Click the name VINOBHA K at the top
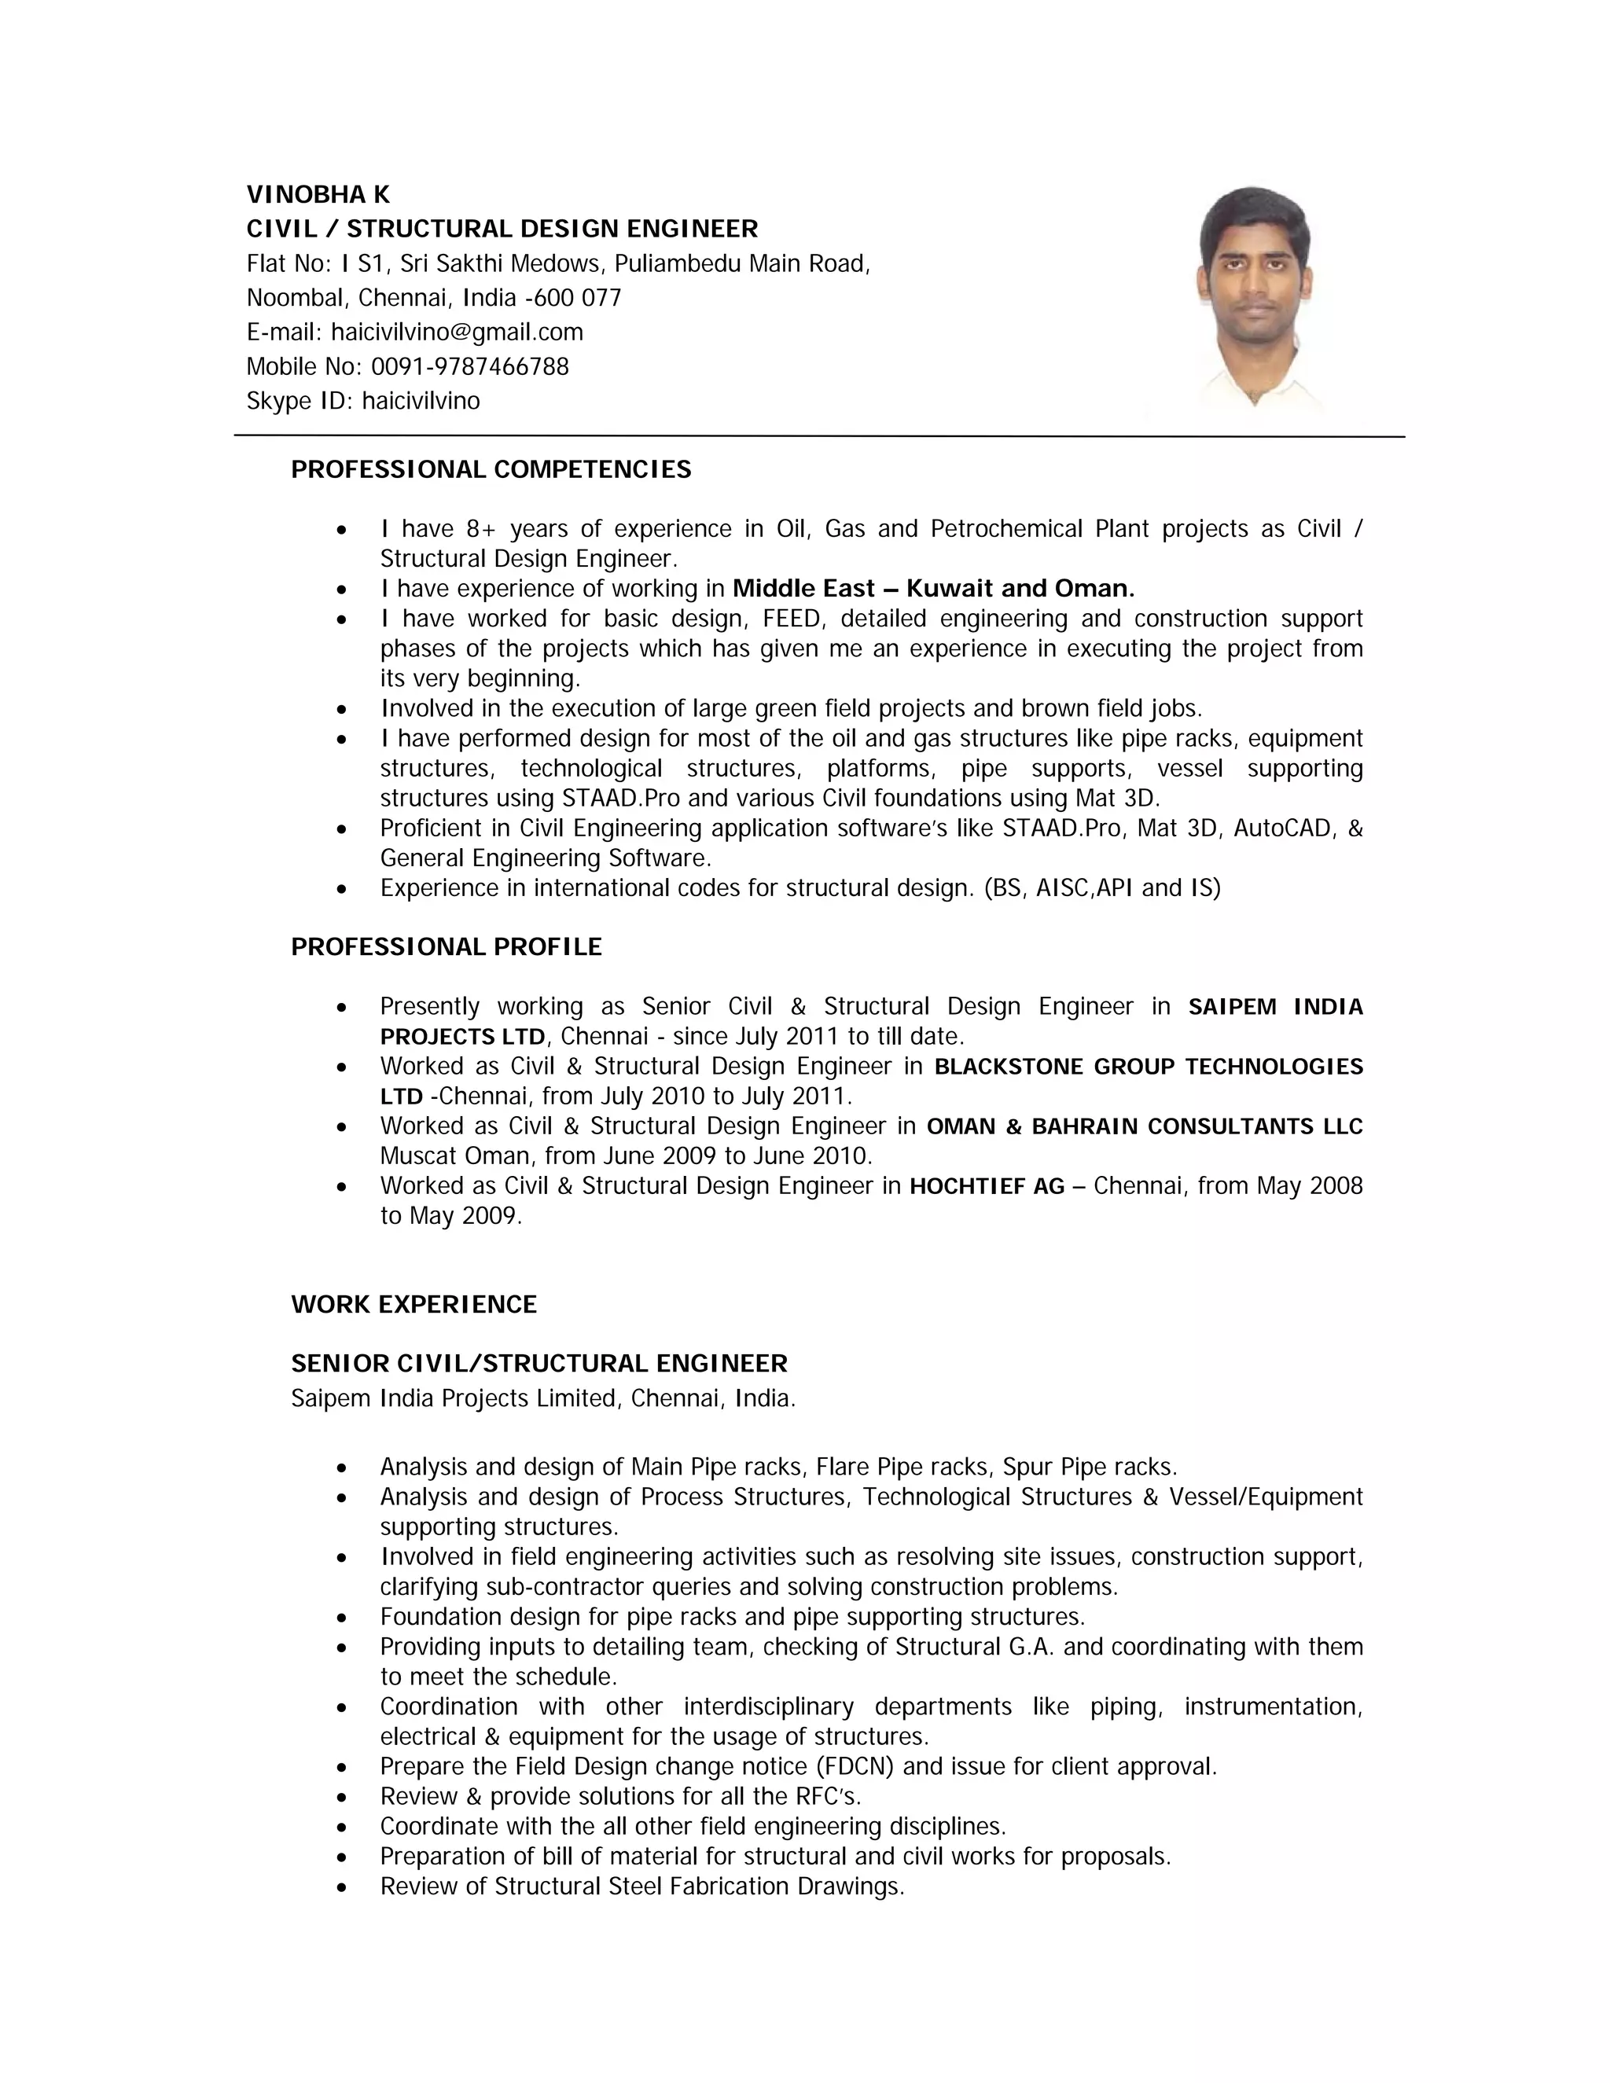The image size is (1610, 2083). coord(318,195)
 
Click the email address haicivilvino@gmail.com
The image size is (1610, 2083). coord(457,332)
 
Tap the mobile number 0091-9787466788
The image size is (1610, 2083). coord(469,366)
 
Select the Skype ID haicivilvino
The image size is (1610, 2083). coord(421,401)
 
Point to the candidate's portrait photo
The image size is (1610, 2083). coord(1253,298)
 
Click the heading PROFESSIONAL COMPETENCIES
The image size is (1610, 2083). coord(491,469)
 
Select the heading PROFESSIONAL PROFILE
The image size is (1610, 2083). coord(447,947)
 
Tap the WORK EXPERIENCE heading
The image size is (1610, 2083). coord(414,1304)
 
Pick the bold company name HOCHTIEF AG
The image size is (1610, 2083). coord(987,1186)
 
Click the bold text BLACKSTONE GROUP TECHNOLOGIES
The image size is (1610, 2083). coord(1149,1067)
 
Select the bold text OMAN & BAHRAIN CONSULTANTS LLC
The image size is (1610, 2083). coord(1145,1126)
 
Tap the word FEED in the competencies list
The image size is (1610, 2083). coord(792,619)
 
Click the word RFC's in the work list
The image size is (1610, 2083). coord(828,1796)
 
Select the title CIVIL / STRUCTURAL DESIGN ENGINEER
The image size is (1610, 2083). coord(502,229)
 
